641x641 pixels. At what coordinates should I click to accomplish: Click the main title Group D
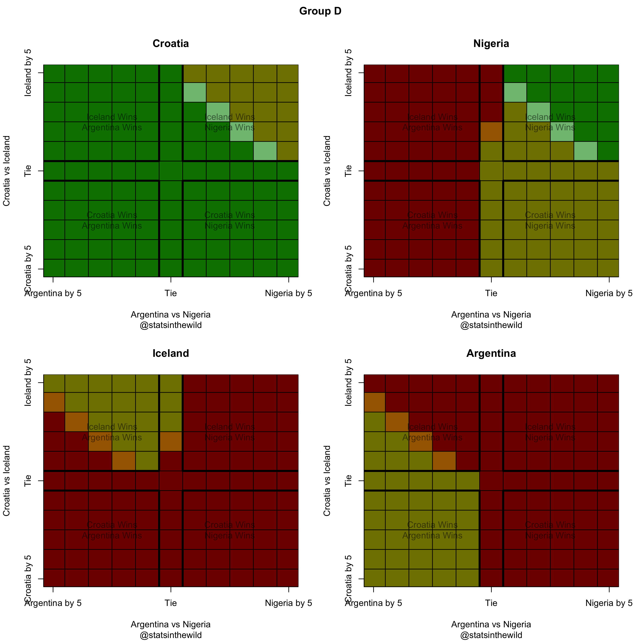(x=320, y=11)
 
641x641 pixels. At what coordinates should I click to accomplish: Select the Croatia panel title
(x=171, y=43)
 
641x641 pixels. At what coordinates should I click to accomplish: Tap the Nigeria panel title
(x=491, y=43)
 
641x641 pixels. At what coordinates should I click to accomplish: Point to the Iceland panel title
(x=171, y=353)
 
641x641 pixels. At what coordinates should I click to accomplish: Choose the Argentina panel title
(x=491, y=353)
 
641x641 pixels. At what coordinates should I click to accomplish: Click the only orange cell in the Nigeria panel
(x=491, y=132)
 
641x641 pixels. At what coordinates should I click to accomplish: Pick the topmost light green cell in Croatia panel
(x=195, y=92)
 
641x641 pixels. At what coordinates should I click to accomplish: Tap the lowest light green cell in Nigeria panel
(x=586, y=151)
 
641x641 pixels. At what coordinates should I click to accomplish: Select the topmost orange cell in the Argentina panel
(x=375, y=402)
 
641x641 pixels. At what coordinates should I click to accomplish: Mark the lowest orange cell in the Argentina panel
(x=444, y=461)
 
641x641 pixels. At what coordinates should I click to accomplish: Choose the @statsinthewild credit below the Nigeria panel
(x=491, y=325)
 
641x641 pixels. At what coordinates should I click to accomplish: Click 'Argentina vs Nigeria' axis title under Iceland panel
(x=171, y=624)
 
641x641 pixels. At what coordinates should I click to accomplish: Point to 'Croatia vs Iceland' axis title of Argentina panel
(x=327, y=481)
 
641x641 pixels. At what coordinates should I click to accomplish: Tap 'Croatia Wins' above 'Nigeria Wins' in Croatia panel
(x=230, y=215)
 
